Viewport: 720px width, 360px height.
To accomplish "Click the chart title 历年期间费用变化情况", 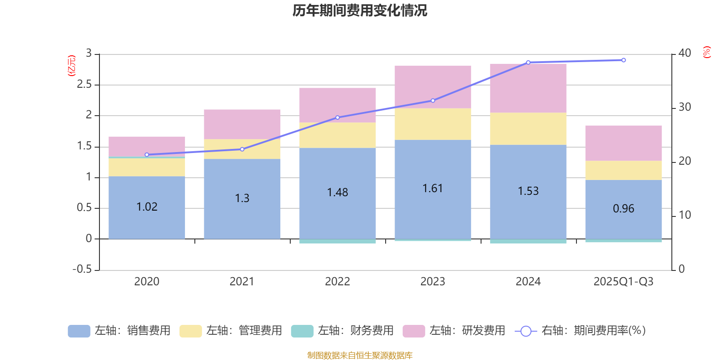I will [x=360, y=10].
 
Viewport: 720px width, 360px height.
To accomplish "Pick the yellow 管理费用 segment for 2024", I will [x=528, y=128].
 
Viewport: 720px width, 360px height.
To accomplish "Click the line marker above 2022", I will [x=337, y=117].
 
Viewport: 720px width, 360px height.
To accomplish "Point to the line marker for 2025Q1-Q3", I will [x=623, y=60].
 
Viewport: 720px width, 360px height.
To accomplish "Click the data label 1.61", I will [x=432, y=188].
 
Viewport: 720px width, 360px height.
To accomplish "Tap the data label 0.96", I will [x=623, y=208].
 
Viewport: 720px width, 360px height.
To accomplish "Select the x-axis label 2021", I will [x=242, y=281].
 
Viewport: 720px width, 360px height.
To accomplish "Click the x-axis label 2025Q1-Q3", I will [x=623, y=281].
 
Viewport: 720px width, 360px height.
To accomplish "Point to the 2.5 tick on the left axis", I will [x=84, y=84].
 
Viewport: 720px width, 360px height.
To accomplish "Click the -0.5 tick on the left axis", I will [x=82, y=269].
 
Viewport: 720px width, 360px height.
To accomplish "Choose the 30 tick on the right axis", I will [x=684, y=107].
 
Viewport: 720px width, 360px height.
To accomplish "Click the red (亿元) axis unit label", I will [x=72, y=66].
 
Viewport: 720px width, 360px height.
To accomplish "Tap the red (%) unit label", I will [x=707, y=52].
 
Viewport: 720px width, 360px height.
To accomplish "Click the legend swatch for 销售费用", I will [x=79, y=331].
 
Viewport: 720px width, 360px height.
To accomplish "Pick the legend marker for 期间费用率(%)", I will [x=525, y=331].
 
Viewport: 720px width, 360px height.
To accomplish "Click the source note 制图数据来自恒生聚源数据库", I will [x=360, y=355].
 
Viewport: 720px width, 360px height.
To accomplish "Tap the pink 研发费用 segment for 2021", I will [x=242, y=124].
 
